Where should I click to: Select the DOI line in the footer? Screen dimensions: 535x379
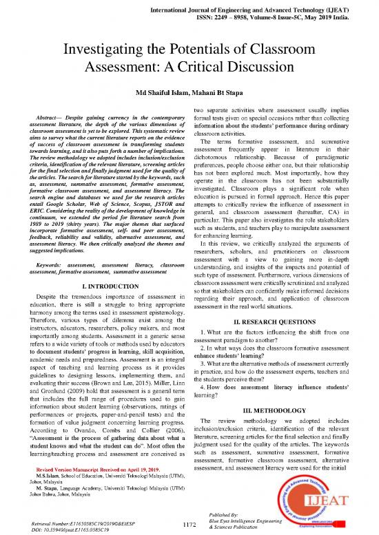click(70, 530)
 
